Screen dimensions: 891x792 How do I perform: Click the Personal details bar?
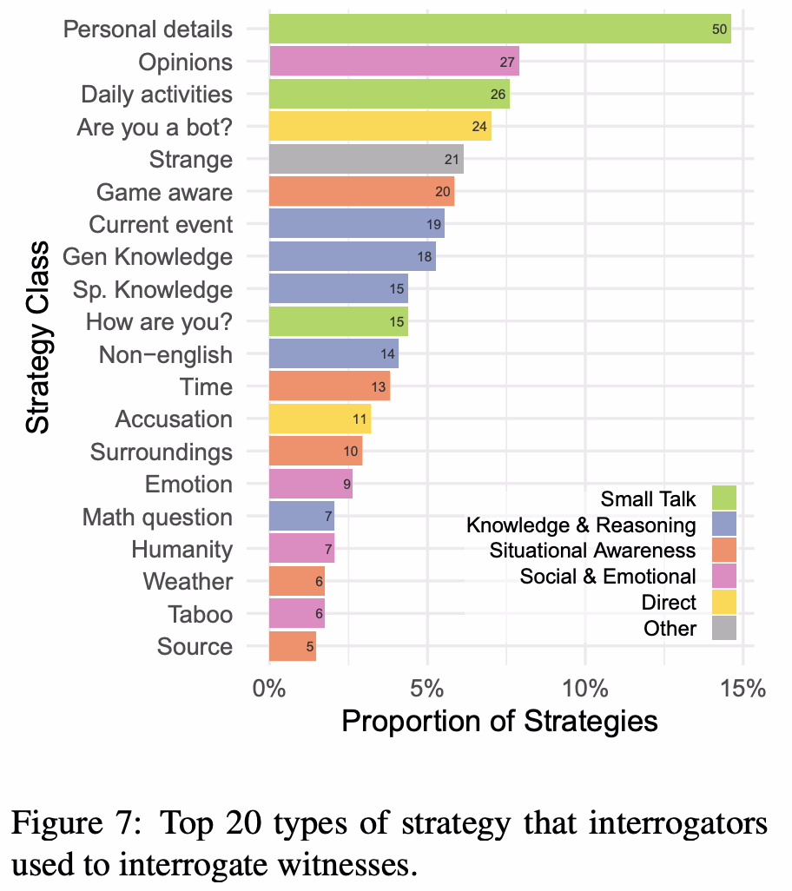(x=499, y=29)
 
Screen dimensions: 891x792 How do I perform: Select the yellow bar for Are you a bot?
(x=379, y=127)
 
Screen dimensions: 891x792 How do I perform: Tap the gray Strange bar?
(x=366, y=160)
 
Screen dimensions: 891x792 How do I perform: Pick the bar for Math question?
(x=301, y=518)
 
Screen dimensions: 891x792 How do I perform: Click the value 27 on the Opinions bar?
(x=508, y=63)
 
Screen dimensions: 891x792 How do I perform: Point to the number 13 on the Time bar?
(x=379, y=387)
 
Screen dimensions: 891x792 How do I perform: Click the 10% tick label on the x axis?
(x=584, y=690)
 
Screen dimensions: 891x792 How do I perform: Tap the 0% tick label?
(x=269, y=690)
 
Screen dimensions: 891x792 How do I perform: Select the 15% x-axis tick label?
(x=742, y=690)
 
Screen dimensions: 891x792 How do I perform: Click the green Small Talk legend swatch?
(x=723, y=498)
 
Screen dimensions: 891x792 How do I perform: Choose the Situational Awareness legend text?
(x=592, y=550)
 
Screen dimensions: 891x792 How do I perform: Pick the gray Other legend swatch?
(x=723, y=627)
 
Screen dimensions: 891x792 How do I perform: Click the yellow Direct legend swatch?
(x=723, y=601)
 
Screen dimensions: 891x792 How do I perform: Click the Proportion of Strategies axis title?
(x=499, y=721)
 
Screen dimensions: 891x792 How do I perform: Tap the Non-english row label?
(x=166, y=355)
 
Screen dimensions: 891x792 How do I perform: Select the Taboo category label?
(x=200, y=615)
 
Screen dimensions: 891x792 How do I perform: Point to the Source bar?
(x=292, y=647)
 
